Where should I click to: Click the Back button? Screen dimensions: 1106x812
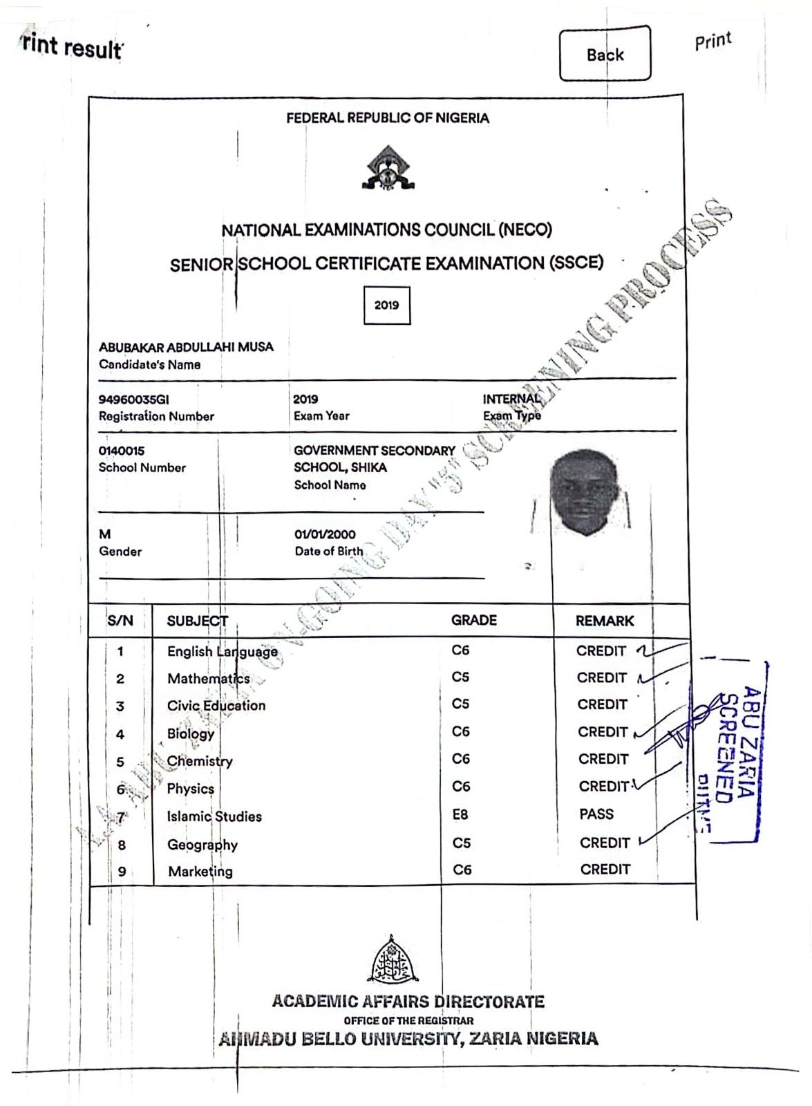605,54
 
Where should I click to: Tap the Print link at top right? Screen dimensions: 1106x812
712,41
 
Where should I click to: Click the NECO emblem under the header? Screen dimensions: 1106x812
388,169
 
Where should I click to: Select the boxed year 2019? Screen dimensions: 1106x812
386,305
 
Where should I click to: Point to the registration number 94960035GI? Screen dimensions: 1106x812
133,399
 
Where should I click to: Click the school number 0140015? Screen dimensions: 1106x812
122,451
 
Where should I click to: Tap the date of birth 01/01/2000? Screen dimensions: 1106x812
325,534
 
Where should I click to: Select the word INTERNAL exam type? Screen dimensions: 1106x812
511,399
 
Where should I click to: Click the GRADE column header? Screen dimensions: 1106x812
474,620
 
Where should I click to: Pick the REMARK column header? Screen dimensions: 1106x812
605,621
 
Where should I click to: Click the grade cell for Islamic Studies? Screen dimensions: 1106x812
460,815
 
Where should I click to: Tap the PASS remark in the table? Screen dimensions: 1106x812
596,814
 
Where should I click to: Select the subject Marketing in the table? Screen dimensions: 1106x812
200,871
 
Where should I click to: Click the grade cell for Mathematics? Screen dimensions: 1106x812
460,677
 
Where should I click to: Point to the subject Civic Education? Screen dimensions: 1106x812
216,706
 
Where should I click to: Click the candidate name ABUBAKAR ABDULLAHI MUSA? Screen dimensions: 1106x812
186,347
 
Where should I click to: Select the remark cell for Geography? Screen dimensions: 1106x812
605,843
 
